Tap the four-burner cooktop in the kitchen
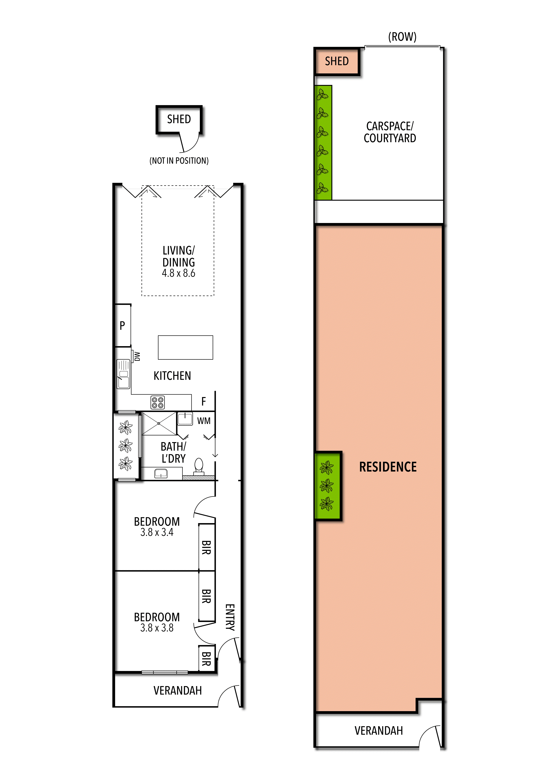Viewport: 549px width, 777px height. tap(158, 402)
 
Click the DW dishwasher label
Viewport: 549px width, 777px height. tap(137, 356)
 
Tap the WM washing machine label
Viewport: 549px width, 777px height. tap(204, 421)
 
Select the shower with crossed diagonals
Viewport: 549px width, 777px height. tap(159, 423)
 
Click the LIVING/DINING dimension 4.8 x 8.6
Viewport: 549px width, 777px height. tap(179, 273)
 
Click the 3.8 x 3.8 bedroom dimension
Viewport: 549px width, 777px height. tap(157, 628)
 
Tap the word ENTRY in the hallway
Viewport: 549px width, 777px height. tap(230, 617)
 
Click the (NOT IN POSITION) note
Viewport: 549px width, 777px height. tap(179, 161)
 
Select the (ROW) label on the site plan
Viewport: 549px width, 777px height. tap(402, 37)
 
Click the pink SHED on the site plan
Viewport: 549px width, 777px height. tap(337, 61)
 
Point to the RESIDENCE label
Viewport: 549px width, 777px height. tap(388, 467)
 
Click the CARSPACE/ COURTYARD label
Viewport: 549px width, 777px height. tap(390, 132)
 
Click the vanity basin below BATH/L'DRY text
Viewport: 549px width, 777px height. tap(161, 473)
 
